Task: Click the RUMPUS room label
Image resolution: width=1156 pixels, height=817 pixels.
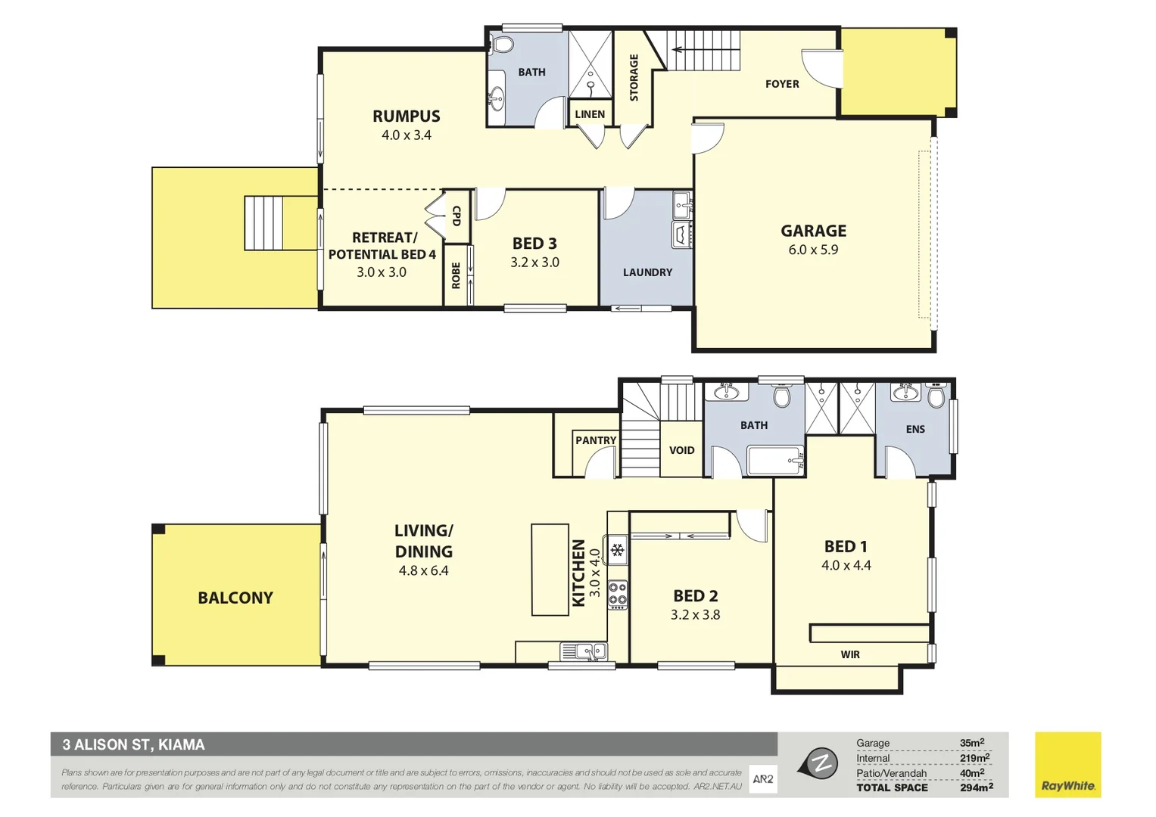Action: pos(406,116)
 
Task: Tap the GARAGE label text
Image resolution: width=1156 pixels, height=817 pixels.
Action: pos(813,231)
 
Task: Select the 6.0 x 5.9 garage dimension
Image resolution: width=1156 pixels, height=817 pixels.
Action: pos(813,250)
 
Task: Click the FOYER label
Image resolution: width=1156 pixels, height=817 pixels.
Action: pos(782,84)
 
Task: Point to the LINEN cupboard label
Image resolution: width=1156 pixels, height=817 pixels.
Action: pos(590,114)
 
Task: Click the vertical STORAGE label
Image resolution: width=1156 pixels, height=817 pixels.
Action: pos(634,77)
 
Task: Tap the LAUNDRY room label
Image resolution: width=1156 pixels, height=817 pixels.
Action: pos(647,272)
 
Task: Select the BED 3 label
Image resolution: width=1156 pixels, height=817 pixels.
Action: pos(534,244)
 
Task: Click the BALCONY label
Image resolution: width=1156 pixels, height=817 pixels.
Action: pos(235,598)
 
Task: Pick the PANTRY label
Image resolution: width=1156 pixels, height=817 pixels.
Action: pos(596,440)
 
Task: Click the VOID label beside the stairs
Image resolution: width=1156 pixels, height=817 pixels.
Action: pos(681,450)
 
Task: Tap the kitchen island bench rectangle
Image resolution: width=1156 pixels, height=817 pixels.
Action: pos(550,569)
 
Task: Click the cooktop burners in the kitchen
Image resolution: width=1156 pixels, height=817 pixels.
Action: pos(618,595)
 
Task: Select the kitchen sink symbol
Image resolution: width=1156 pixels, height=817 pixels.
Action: pos(583,651)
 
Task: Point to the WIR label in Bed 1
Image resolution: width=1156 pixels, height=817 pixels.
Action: pos(850,654)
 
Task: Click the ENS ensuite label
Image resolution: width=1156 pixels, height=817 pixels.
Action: pos(915,429)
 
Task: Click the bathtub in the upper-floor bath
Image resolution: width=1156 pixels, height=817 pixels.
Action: pos(774,460)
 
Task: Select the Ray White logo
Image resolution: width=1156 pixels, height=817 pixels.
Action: pos(1067,764)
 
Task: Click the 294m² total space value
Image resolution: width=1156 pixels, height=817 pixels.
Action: pos(976,787)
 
